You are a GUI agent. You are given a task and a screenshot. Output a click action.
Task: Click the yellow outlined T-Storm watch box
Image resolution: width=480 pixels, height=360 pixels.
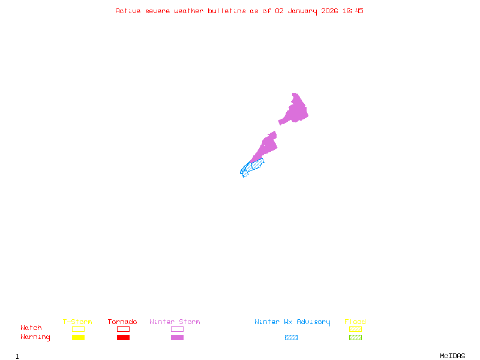(78, 329)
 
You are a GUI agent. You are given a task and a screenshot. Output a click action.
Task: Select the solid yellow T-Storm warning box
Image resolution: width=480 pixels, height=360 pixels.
(78, 337)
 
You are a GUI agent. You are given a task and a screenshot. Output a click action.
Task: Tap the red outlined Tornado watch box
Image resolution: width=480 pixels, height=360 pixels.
(123, 329)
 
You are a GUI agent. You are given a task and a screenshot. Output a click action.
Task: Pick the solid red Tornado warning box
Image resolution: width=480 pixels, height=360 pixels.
(123, 337)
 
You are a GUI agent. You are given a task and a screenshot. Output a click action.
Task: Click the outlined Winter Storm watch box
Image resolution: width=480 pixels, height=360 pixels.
(177, 329)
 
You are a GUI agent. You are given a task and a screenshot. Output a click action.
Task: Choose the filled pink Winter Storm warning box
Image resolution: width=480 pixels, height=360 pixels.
(177, 337)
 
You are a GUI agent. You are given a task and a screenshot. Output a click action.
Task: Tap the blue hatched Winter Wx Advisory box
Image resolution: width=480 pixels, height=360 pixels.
(291, 337)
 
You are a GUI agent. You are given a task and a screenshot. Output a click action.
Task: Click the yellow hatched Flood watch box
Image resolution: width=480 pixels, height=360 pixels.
(355, 329)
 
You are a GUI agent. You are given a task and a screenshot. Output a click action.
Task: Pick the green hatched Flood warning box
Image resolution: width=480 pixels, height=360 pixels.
(355, 337)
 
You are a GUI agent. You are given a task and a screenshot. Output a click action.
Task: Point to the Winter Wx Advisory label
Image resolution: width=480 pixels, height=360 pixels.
(292, 322)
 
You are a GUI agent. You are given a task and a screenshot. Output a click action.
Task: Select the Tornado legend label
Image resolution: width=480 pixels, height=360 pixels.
(122, 322)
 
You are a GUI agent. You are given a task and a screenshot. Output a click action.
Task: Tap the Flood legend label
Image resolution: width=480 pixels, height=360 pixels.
(355, 322)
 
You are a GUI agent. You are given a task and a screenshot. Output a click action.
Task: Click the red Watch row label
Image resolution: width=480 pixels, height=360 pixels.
(31, 328)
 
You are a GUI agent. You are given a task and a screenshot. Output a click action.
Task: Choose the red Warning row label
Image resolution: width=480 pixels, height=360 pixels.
(35, 337)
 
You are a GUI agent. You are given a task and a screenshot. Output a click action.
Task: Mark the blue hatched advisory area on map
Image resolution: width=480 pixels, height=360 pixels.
(250, 167)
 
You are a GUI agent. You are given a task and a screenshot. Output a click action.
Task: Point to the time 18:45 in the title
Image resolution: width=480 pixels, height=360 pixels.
(353, 11)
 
